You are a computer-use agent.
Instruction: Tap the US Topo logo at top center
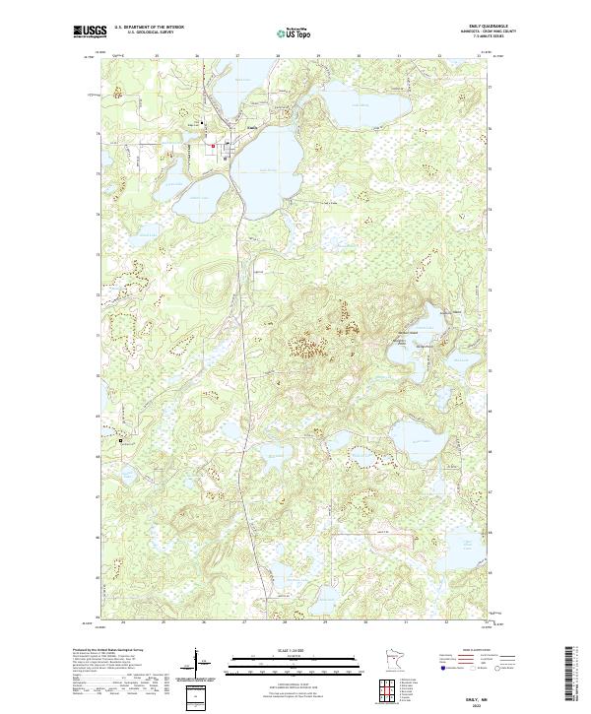pos(295,33)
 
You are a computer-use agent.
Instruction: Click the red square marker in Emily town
pos(212,148)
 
